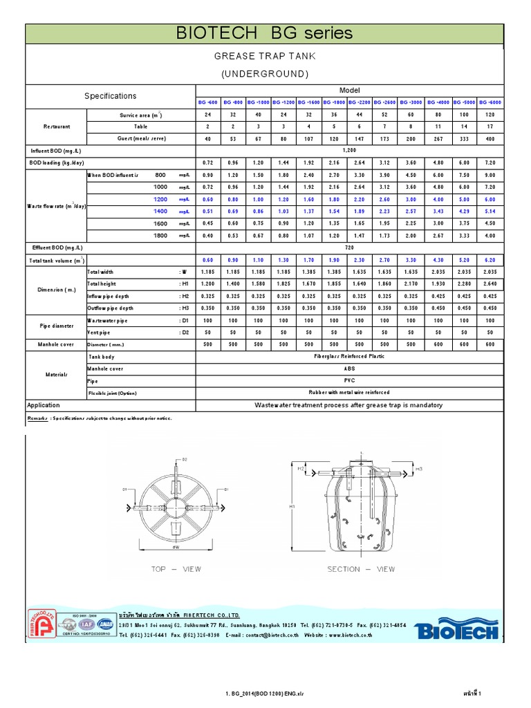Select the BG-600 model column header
tap(208, 102)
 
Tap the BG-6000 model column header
tap(491, 102)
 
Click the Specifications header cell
tap(111, 96)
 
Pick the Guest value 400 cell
tap(491, 138)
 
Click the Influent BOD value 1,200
tap(350, 150)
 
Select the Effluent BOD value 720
tap(350, 247)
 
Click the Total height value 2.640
tap(491, 283)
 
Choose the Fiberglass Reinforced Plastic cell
tap(350, 356)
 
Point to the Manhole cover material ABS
tap(350, 369)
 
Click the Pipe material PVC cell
tap(350, 380)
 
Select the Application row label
tap(44, 405)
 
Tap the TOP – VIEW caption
tap(176, 569)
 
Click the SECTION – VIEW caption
tap(361, 569)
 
